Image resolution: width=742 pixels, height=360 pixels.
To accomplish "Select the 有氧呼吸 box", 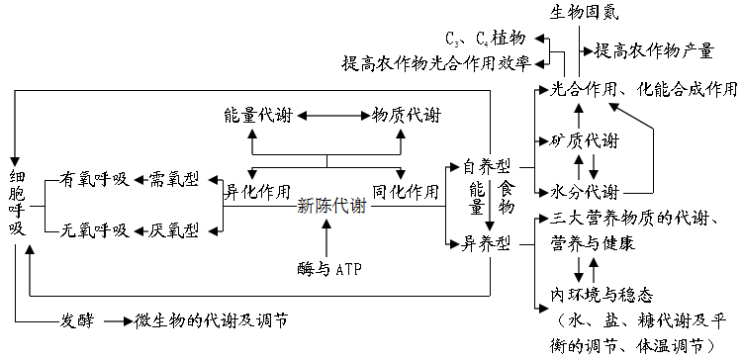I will [x=95, y=179].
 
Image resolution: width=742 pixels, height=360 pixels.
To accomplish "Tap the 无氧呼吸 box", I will [x=95, y=230].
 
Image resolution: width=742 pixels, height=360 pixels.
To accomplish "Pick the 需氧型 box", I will [x=172, y=179].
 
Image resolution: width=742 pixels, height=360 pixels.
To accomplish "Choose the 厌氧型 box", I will [x=172, y=230].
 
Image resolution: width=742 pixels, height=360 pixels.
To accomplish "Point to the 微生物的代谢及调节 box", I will [x=212, y=320].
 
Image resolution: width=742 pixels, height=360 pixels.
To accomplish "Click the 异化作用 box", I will [x=258, y=190].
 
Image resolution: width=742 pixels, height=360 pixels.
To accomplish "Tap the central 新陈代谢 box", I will [x=331, y=206].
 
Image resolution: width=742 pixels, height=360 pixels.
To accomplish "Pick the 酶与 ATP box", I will [x=331, y=268].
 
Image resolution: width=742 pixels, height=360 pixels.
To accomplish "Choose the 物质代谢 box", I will [x=406, y=115].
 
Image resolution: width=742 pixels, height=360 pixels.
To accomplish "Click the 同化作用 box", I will [x=406, y=190].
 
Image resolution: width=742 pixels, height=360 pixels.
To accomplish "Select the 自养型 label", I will [x=487, y=166].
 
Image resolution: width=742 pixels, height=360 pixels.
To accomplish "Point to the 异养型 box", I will [x=487, y=242].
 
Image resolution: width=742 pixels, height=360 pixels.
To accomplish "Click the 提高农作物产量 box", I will [x=653, y=49].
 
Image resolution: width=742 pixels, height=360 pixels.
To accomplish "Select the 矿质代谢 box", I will [x=585, y=140].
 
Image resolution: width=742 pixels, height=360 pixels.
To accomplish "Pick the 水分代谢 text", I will [x=585, y=191].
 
